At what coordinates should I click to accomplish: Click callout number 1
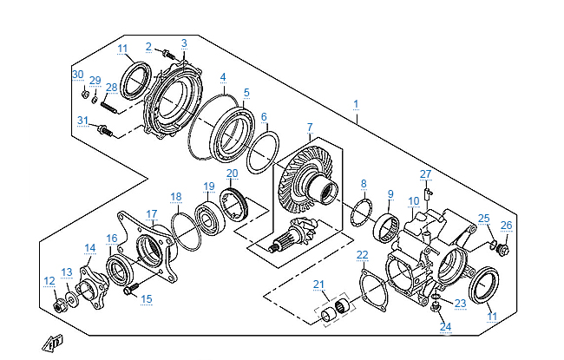coord(356,103)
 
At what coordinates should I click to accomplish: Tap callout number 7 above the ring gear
coord(310,127)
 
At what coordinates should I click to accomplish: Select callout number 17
coord(151,213)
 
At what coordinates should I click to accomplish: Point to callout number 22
coord(363,254)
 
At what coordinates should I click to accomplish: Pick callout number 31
coord(83,120)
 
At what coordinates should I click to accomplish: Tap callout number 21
coord(318,285)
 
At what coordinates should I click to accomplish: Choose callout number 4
coord(223,76)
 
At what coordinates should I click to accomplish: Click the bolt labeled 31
coord(106,132)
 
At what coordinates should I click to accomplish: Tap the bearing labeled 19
coord(210,216)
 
